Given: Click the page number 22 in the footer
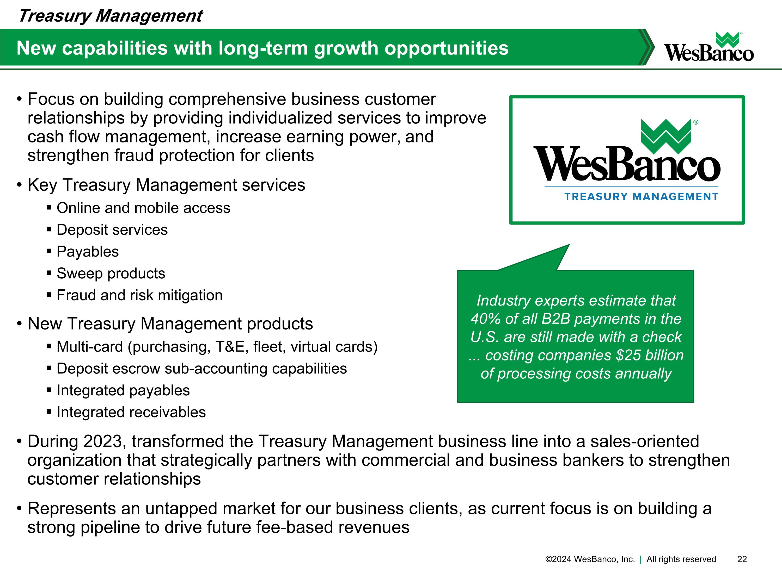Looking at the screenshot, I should (742, 559).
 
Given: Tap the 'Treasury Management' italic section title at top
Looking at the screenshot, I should (110, 16).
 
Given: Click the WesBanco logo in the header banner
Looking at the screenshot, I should (708, 48).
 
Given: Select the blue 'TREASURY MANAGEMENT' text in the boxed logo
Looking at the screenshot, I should (641, 197).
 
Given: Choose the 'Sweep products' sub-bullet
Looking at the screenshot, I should (111, 273).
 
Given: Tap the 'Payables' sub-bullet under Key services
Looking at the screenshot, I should (88, 252).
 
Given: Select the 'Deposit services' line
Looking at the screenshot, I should (112, 230).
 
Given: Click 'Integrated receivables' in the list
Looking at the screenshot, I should (131, 412).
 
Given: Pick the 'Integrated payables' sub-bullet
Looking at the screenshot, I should (123, 390).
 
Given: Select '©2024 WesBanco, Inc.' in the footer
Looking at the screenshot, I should (590, 559).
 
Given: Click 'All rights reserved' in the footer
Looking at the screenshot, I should (681, 559).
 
